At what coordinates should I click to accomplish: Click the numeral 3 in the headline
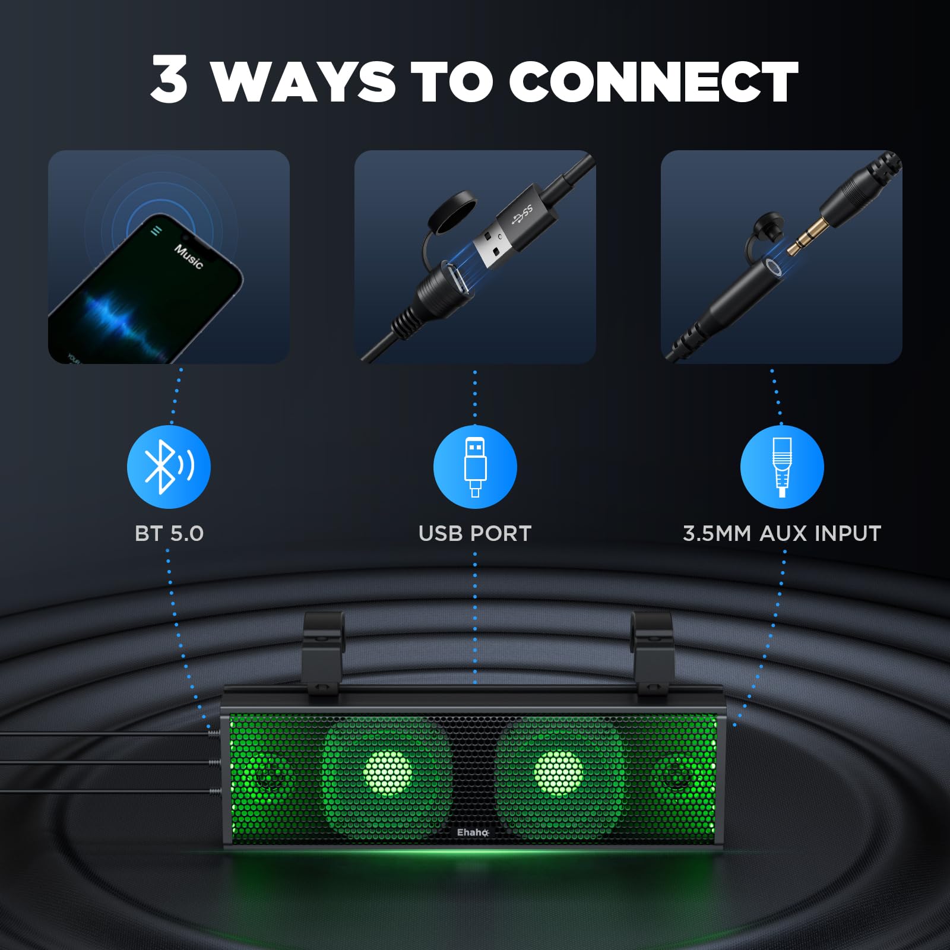(169, 79)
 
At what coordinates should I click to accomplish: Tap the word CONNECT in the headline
(653, 81)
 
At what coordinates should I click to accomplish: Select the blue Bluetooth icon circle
(169, 467)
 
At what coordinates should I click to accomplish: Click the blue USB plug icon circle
(475, 467)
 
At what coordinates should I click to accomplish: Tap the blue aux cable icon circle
(781, 467)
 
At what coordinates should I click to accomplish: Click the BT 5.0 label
(169, 533)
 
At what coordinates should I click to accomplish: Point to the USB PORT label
(475, 533)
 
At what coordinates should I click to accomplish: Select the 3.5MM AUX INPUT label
(781, 533)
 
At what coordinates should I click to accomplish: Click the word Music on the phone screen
(188, 256)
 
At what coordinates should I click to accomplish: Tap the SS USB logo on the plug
(522, 214)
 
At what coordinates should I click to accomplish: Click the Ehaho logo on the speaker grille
(473, 832)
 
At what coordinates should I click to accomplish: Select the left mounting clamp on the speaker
(323, 653)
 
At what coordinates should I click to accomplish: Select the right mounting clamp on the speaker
(651, 653)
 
